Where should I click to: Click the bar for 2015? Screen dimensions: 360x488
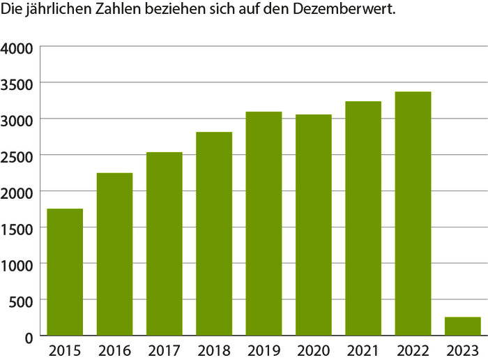pyautogui.click(x=65, y=272)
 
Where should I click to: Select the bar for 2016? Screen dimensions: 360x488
pyautogui.click(x=114, y=254)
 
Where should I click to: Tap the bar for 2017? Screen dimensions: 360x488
pyautogui.click(x=165, y=244)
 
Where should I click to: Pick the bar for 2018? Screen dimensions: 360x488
pyautogui.click(x=214, y=234)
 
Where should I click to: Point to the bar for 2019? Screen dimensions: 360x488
pyautogui.click(x=264, y=224)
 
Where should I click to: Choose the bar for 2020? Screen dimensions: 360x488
pyautogui.click(x=314, y=225)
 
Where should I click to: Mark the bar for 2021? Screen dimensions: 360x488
pyautogui.click(x=363, y=218)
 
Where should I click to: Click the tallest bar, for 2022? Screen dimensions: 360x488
pyautogui.click(x=413, y=214)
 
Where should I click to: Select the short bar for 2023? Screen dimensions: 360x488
pyautogui.click(x=463, y=327)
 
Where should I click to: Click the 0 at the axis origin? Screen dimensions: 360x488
pyautogui.click(x=30, y=338)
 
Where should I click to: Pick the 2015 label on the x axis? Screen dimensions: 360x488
pyautogui.click(x=65, y=350)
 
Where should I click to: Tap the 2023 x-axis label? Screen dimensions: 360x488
pyautogui.click(x=463, y=350)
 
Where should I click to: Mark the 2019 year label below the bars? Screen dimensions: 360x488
pyautogui.click(x=264, y=350)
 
